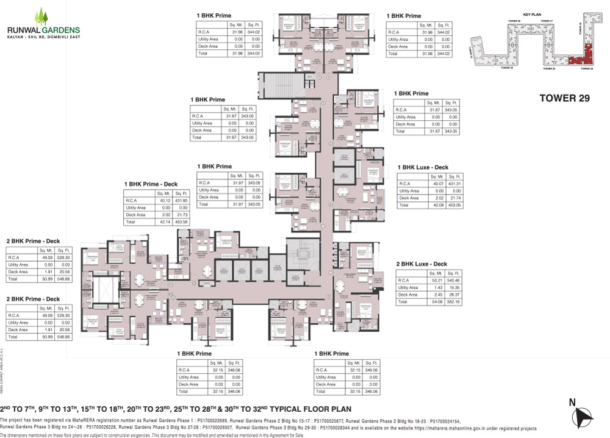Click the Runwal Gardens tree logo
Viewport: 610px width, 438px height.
[x=41, y=14]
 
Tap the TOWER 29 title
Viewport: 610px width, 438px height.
[x=565, y=98]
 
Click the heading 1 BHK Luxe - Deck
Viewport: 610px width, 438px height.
[x=423, y=167]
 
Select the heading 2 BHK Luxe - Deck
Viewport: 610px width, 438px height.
[x=422, y=264]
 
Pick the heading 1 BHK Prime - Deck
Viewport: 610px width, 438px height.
[x=151, y=184]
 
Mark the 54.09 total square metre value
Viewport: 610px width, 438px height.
[x=434, y=302]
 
